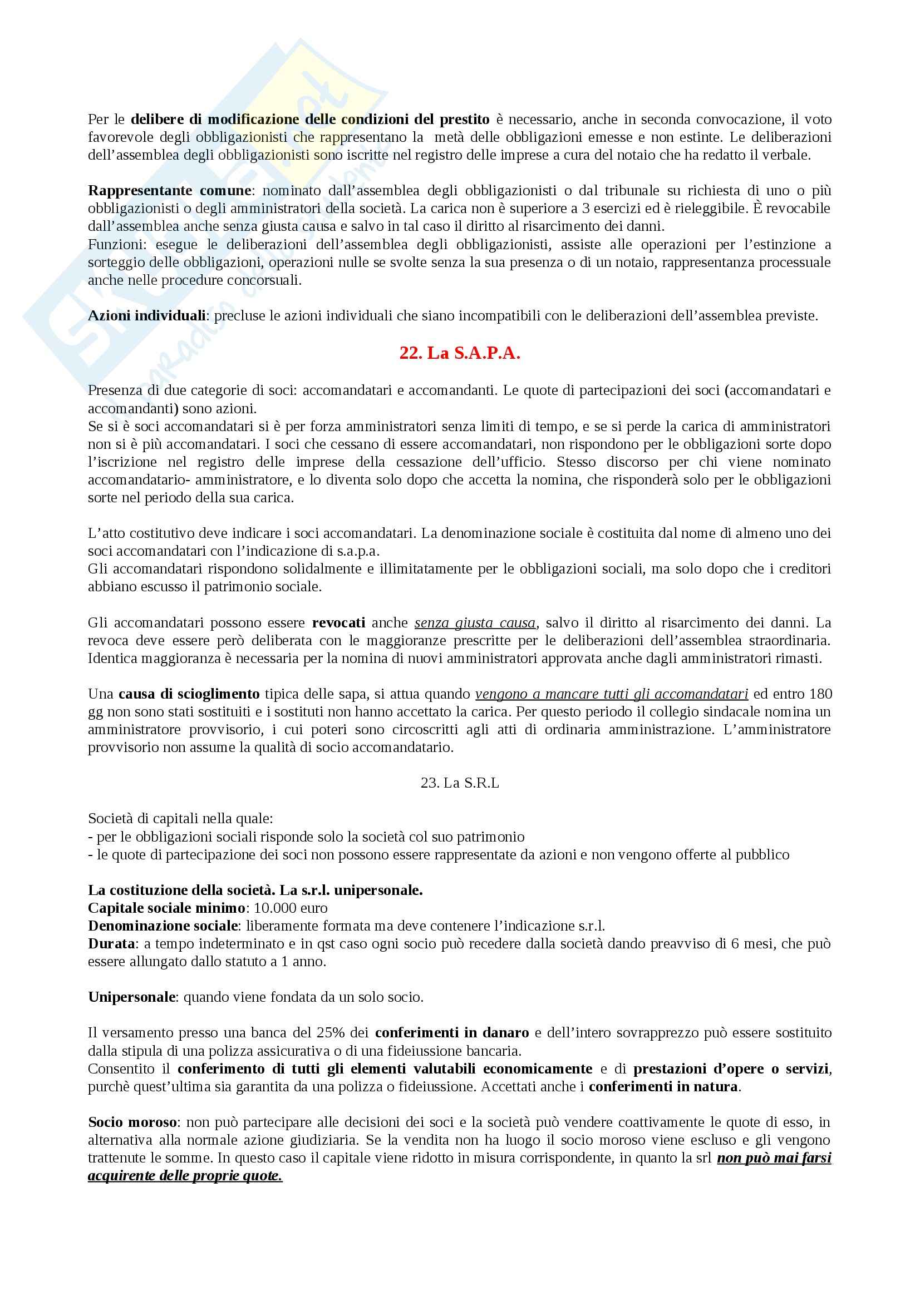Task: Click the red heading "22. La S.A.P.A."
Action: (460, 353)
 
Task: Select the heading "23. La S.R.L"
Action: (460, 783)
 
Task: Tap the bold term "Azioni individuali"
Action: (146, 315)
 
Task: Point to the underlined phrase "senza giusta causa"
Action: (475, 623)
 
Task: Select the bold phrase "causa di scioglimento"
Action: (189, 694)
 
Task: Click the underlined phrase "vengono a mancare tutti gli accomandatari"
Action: (612, 694)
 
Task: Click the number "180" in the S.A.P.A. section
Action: (820, 694)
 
